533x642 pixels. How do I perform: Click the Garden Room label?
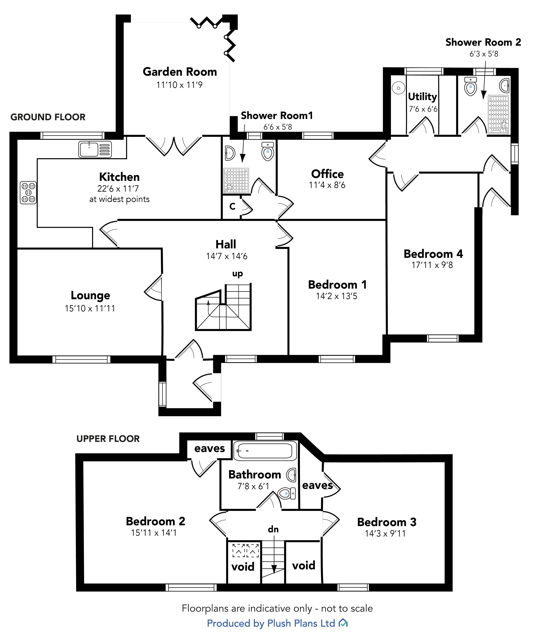180,72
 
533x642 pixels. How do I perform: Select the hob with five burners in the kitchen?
28,193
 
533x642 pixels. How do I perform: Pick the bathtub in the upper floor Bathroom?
265,451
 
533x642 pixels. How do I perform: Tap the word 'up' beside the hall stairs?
237,274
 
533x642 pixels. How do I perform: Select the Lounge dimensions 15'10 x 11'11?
90,308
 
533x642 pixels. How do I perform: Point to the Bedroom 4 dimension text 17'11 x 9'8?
432,265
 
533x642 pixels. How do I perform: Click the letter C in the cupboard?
232,207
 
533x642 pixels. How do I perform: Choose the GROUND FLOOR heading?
48,117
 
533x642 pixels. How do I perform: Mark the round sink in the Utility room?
398,88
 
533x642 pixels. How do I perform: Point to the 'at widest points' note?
119,199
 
